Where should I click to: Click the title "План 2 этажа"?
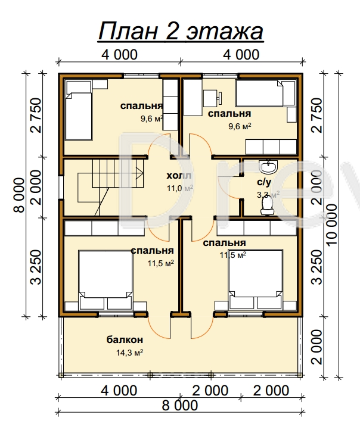pyautogui.click(x=181, y=32)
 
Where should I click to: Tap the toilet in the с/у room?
pyautogui.click(x=267, y=206)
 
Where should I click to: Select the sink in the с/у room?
pyautogui.click(x=267, y=167)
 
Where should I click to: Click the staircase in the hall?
pyautogui.click(x=110, y=188)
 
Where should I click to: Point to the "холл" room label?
pyautogui.click(x=179, y=176)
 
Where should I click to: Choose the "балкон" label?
pyautogui.click(x=125, y=339)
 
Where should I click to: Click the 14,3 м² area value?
pyautogui.click(x=129, y=353)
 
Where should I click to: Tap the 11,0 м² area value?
pyautogui.click(x=179, y=188)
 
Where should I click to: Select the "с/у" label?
pyautogui.click(x=264, y=182)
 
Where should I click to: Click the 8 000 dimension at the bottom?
pyautogui.click(x=180, y=406)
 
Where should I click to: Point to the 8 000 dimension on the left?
pyautogui.click(x=20, y=195)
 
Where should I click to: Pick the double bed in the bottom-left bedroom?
pyautogui.click(x=105, y=280)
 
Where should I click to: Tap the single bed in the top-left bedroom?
pyautogui.click(x=79, y=110)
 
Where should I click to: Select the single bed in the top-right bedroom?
pyautogui.click(x=265, y=94)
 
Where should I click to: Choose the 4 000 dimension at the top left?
pyautogui.click(x=119, y=55)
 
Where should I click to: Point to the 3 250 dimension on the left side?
pyautogui.click(x=36, y=267)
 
